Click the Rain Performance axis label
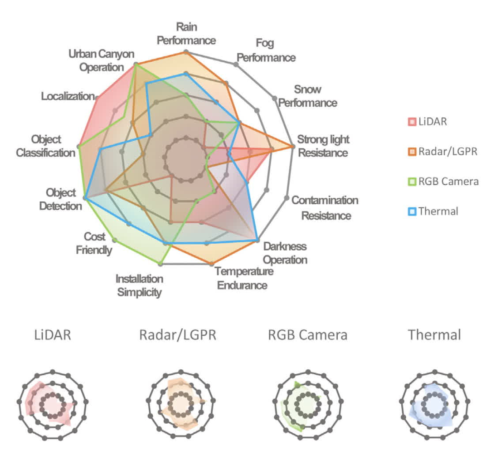[186, 34]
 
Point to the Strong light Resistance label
[323, 146]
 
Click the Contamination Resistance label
[325, 208]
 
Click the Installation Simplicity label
[140, 285]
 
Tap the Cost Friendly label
[94, 244]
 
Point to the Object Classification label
[46, 146]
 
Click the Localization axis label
[68, 96]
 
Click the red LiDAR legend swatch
[412, 122]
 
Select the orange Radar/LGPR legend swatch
[412, 152]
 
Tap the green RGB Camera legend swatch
[412, 181]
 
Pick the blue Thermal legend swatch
[412, 211]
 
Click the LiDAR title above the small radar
[53, 335]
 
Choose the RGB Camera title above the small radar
[308, 335]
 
